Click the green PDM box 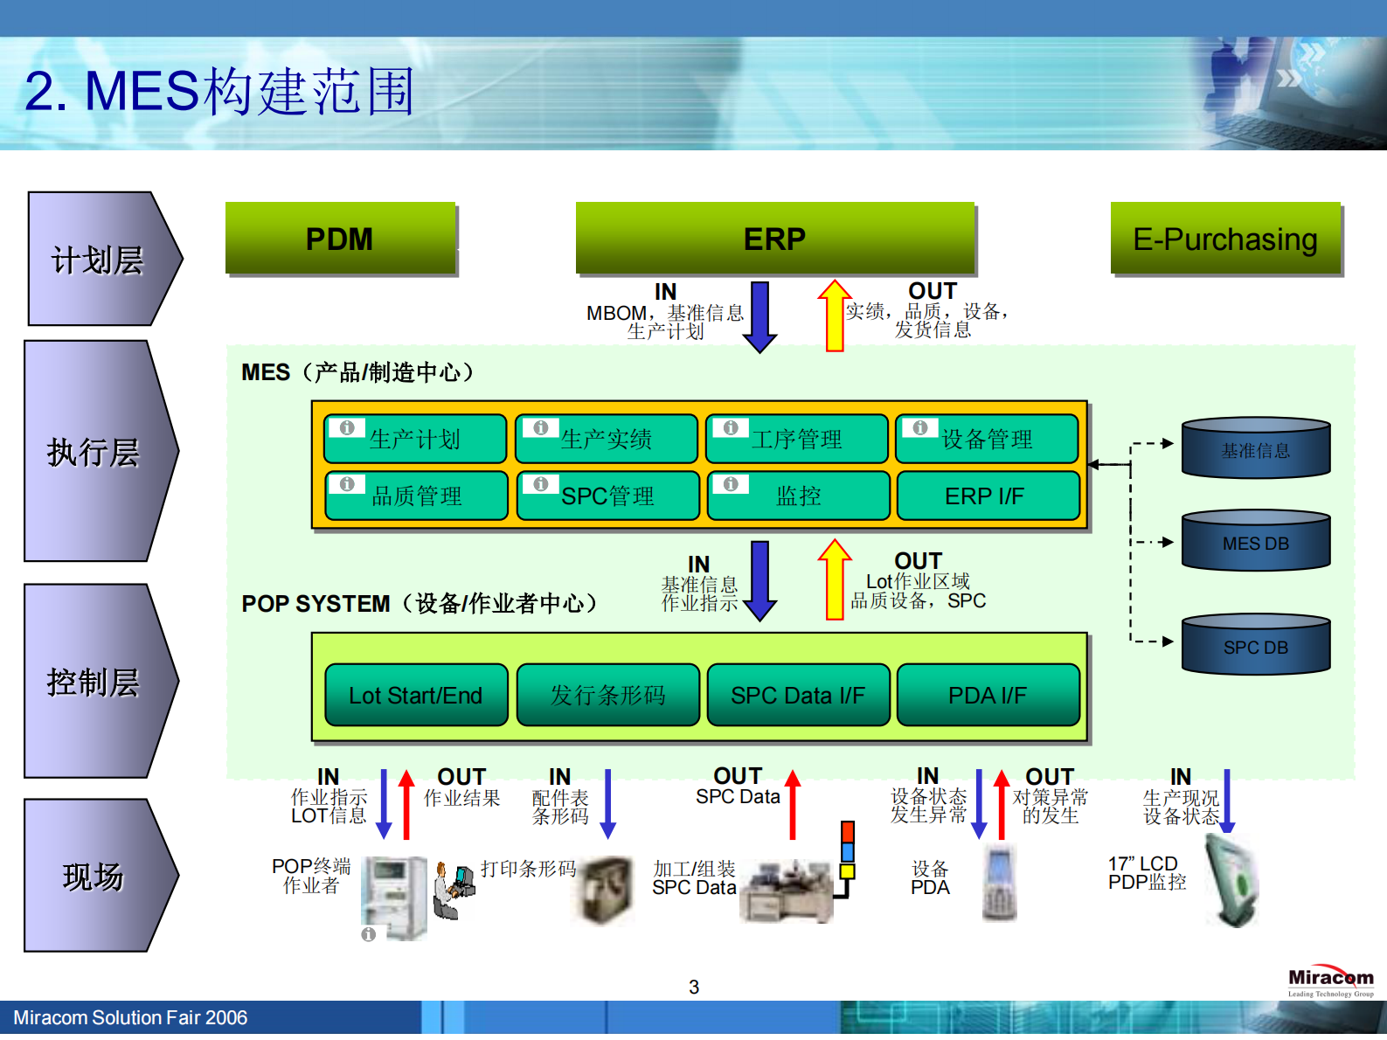[x=340, y=239]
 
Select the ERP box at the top [x=774, y=239]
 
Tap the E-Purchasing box [x=1224, y=239]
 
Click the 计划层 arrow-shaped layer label [x=99, y=260]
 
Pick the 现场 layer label [x=94, y=876]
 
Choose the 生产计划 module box [x=415, y=439]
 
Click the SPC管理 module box [x=607, y=496]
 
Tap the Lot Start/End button [x=416, y=695]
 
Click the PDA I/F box [x=988, y=695]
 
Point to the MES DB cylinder [x=1255, y=542]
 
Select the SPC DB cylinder [x=1255, y=646]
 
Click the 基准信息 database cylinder [x=1255, y=449]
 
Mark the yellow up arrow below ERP [x=835, y=316]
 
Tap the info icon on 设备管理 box [x=920, y=427]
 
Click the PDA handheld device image [x=998, y=883]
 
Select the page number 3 [x=694, y=987]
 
